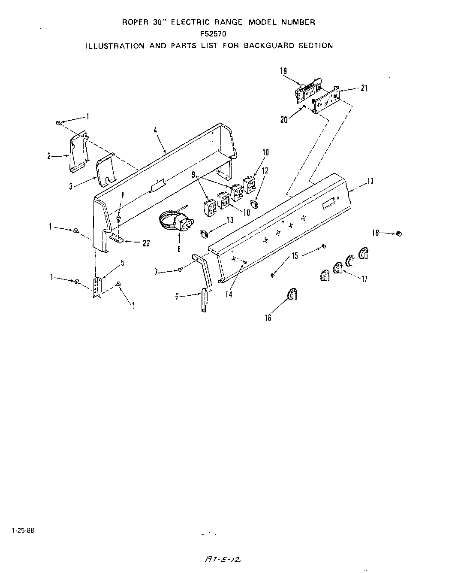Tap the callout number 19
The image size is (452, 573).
click(x=283, y=71)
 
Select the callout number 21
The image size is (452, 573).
click(x=364, y=88)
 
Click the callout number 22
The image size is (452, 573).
click(x=146, y=243)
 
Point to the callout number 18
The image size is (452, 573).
click(x=375, y=233)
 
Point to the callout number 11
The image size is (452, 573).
click(x=370, y=181)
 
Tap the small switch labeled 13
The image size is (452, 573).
click(x=205, y=234)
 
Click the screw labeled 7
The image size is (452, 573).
click(x=181, y=270)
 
